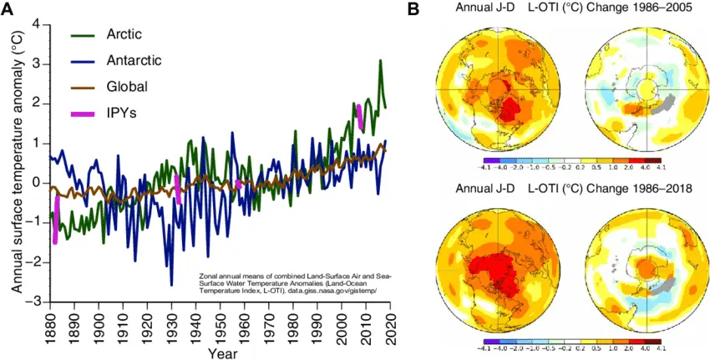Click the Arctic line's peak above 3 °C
381,61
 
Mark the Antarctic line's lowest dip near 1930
172,284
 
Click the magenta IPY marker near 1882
56,219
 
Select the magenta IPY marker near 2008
360,117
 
